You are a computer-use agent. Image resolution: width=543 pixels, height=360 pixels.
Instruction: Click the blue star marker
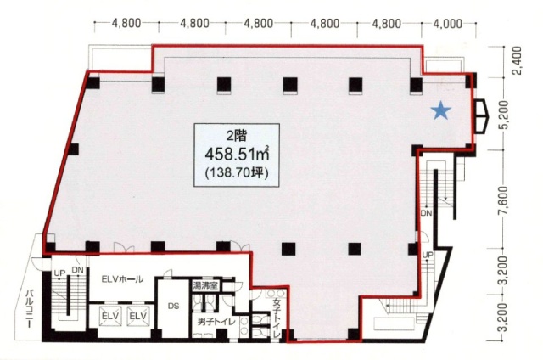click(441, 110)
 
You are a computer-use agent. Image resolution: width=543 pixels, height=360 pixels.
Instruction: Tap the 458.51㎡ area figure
click(238, 154)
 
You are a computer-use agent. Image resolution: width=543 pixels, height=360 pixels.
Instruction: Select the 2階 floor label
click(237, 136)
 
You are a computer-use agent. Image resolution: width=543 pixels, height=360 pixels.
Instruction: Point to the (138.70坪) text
click(237, 172)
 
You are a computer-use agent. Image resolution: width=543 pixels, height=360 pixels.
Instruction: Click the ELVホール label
click(122, 279)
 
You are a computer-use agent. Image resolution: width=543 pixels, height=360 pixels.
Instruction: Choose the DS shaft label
click(173, 306)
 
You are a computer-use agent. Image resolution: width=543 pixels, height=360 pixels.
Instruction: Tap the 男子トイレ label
click(216, 322)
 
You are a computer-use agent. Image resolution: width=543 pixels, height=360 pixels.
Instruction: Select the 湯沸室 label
click(205, 285)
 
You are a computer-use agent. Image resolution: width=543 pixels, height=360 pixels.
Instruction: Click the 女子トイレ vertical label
click(277, 315)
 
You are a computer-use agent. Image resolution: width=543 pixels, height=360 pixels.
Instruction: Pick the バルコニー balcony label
click(30, 309)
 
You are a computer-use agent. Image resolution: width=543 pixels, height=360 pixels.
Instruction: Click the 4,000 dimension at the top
click(448, 24)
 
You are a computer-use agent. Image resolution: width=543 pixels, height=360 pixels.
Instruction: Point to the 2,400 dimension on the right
click(517, 60)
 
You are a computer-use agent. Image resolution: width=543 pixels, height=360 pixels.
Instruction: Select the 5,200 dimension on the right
click(506, 115)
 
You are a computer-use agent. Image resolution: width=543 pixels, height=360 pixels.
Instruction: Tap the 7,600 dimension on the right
click(506, 200)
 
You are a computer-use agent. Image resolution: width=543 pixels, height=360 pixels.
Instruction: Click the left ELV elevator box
click(110, 316)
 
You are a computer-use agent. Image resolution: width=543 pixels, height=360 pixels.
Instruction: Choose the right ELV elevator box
click(138, 316)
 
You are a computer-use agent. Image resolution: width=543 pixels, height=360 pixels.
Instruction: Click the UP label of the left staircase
click(59, 273)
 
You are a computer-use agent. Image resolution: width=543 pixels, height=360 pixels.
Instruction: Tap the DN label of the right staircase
click(426, 213)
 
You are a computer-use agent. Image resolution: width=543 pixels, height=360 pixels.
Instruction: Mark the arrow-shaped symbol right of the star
click(481, 116)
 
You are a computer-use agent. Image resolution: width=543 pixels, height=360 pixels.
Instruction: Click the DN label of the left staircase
click(78, 269)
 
